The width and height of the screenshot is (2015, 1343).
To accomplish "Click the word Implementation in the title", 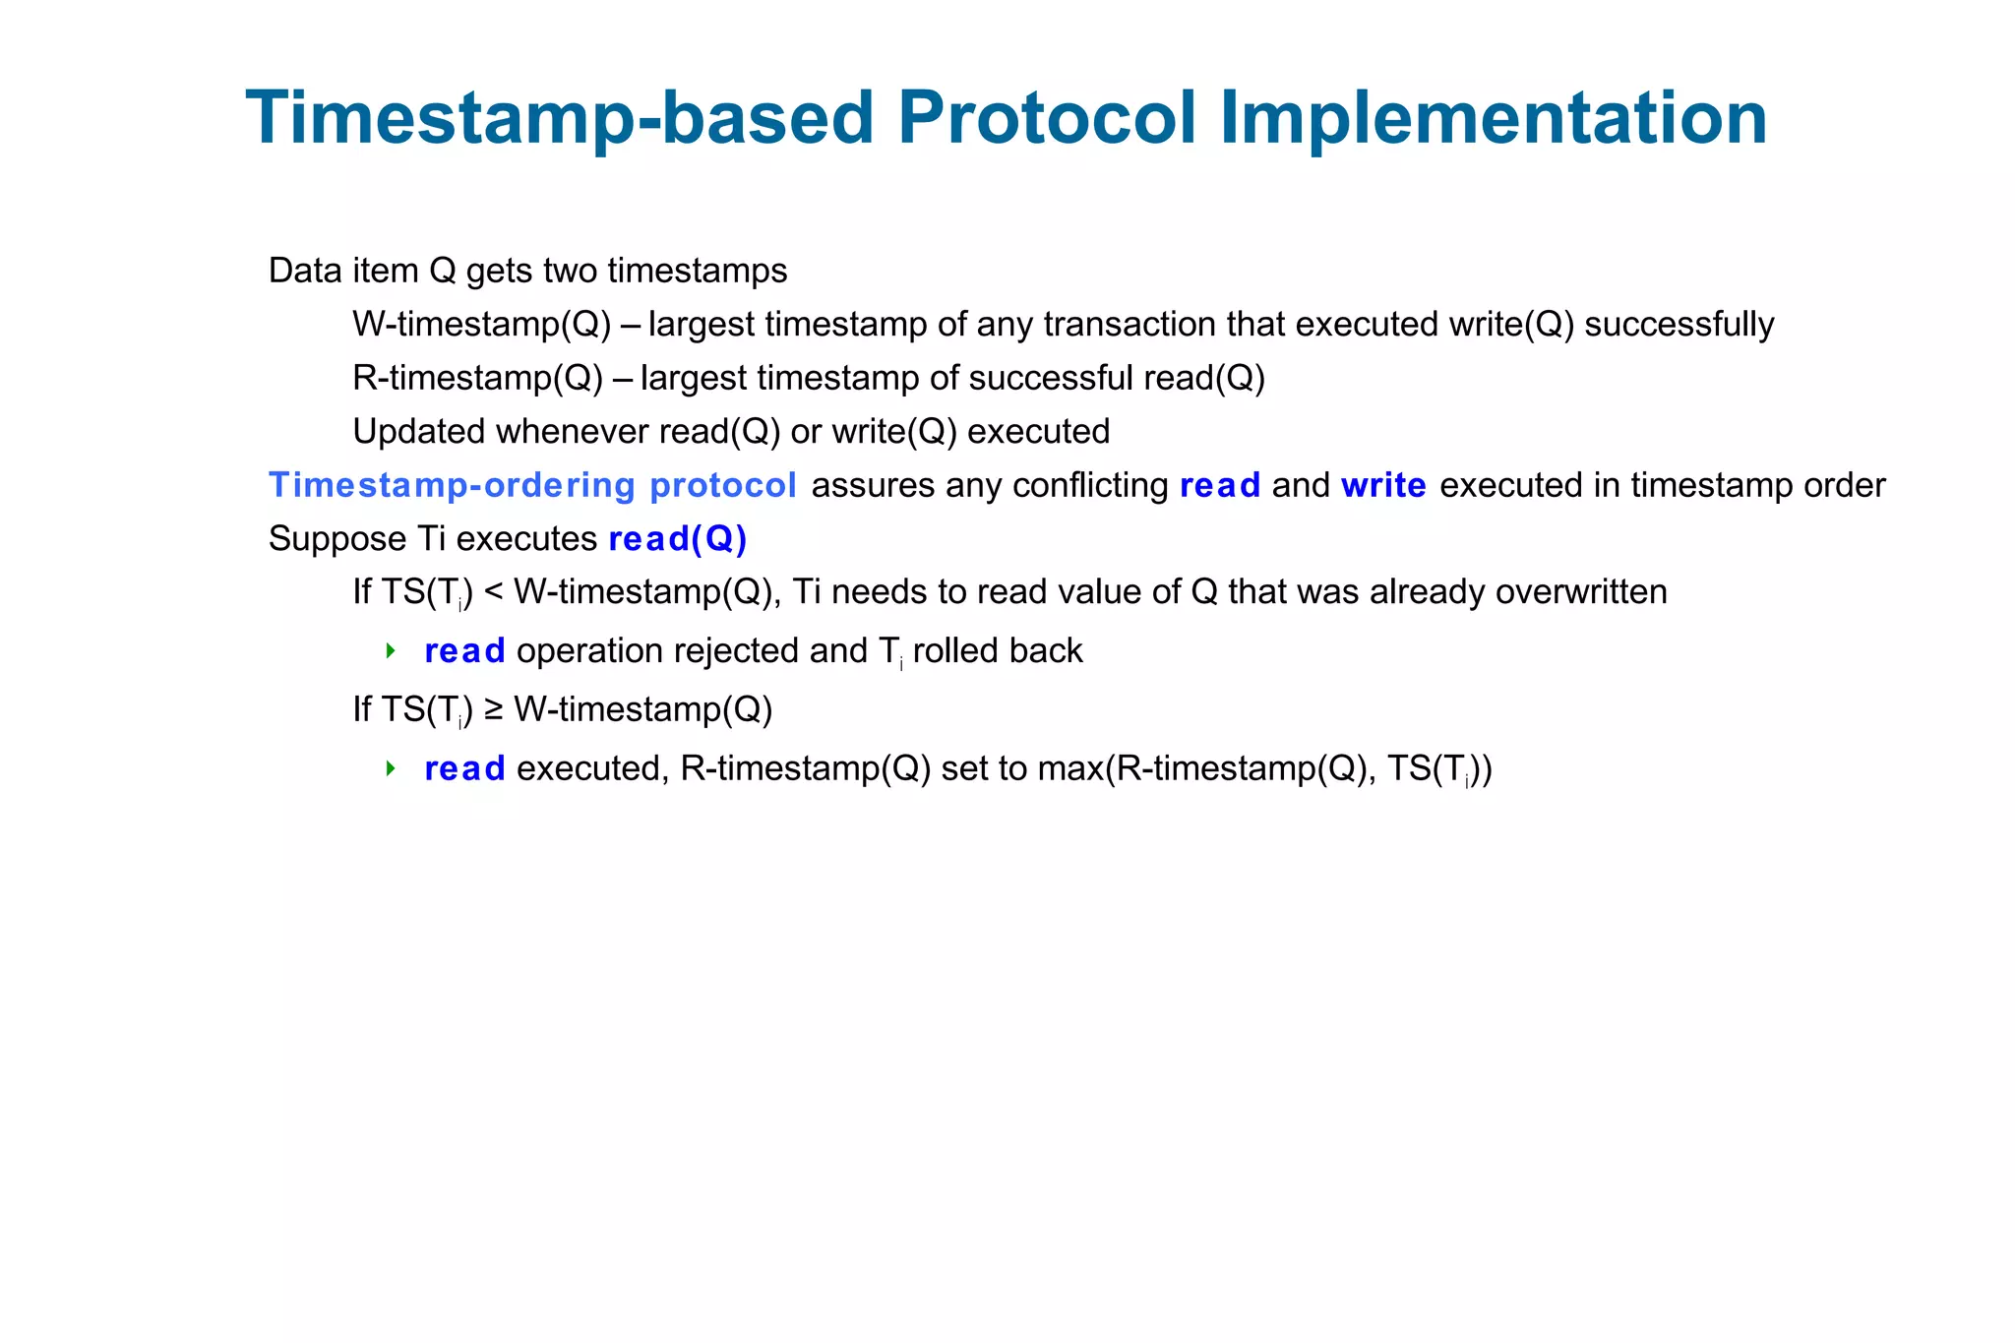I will pyautogui.click(x=1493, y=119).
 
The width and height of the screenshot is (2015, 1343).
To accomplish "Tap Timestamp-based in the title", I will pyautogui.click(x=560, y=119).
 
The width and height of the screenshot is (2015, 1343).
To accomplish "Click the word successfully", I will pyautogui.click(x=1679, y=325).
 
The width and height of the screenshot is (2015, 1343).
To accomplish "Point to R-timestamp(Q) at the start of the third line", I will pyautogui.click(x=477, y=378).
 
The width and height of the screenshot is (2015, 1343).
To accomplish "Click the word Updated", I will pyautogui.click(x=418, y=432).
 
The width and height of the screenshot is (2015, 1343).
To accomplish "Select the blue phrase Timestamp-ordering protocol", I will pyautogui.click(x=532, y=485).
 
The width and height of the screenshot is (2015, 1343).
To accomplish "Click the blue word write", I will pyautogui.click(x=1382, y=485).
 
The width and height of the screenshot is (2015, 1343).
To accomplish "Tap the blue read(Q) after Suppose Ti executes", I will pyautogui.click(x=678, y=539).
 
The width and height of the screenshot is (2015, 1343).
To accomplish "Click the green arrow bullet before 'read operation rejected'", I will pyautogui.click(x=391, y=650).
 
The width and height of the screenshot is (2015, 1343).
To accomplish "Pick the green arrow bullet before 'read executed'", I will pyautogui.click(x=391, y=768).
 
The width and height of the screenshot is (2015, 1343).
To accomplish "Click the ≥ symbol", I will pyautogui.click(x=493, y=710).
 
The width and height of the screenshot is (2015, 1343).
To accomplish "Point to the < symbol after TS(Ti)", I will pyautogui.click(x=493, y=592).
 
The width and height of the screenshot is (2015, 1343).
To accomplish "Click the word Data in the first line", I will pyautogui.click(x=304, y=271).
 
